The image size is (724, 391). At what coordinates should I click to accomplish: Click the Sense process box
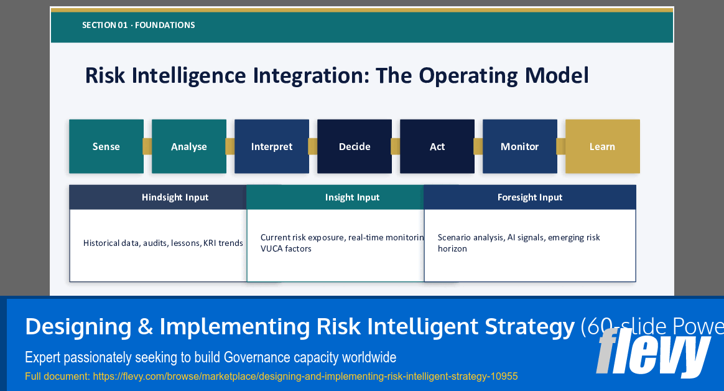pos(106,146)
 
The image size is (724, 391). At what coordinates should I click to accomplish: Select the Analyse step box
pos(189,146)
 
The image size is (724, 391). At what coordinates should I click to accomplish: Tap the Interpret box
pos(272,146)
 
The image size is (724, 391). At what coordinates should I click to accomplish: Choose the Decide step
pos(355,146)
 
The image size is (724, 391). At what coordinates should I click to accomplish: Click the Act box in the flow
pos(437,146)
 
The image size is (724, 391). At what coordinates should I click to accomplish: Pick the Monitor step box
pos(519,146)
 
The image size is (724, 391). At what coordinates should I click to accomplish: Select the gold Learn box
pos(602,146)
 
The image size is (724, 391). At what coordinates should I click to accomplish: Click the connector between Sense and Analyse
pos(147,146)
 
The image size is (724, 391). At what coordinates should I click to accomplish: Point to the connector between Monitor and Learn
pos(561,146)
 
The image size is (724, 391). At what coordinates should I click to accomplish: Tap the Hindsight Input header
pos(175,197)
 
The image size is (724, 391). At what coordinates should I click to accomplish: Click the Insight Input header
pos(352,197)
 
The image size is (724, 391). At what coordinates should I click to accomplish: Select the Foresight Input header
pos(530,197)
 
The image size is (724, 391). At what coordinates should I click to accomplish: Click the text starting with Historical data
pos(163,243)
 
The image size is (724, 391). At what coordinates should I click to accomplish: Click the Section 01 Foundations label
pos(138,26)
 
